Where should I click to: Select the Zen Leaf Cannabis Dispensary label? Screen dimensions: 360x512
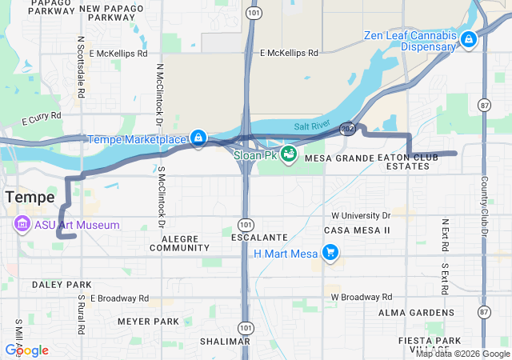point(410,41)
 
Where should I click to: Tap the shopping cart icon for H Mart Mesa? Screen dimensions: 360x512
point(330,254)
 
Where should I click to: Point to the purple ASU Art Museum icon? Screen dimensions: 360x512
point(22,225)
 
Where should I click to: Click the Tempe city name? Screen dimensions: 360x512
point(30,197)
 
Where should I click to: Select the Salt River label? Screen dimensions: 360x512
point(311,126)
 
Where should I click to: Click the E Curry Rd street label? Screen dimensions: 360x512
point(42,118)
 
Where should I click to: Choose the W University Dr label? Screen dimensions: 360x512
point(361,216)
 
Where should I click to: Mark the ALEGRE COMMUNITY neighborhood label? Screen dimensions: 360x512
point(185,243)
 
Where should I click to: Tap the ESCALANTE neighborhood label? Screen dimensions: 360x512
point(258,238)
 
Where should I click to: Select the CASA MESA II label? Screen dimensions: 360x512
point(356,230)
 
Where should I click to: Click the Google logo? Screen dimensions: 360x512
point(26,350)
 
